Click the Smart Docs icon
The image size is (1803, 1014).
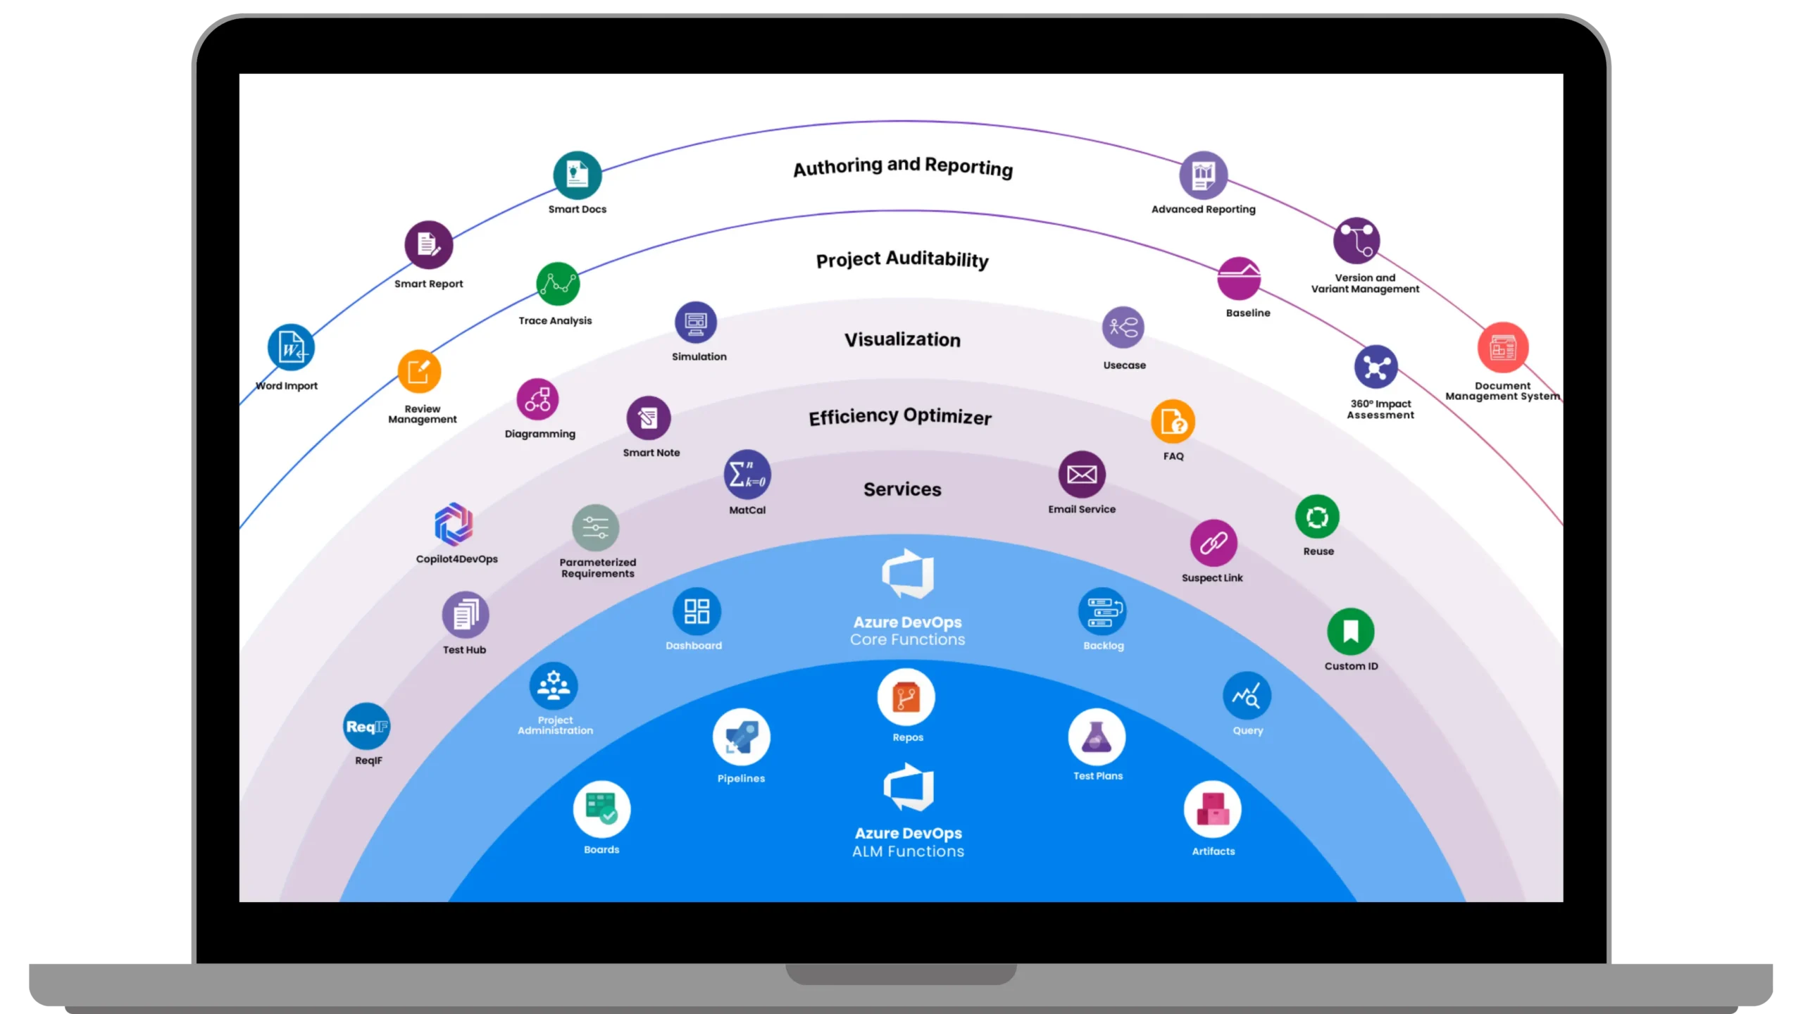tap(577, 175)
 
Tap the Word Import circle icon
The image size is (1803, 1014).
tap(291, 347)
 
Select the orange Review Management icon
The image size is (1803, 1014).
tap(419, 371)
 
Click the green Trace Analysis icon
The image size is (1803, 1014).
tap(558, 284)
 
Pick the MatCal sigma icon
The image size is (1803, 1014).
tap(747, 474)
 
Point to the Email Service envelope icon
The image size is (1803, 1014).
tap(1082, 474)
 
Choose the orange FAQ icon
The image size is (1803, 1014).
tap(1173, 422)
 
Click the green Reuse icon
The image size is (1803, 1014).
tap(1317, 517)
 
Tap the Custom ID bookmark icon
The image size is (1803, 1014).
tap(1350, 631)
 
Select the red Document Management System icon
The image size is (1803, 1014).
tap(1502, 348)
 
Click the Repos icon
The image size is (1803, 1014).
tap(906, 697)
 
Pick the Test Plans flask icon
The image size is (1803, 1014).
tap(1097, 737)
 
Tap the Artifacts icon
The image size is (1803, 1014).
tap(1212, 810)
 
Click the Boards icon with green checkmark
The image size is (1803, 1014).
tap(601, 809)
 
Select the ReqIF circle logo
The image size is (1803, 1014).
tap(367, 726)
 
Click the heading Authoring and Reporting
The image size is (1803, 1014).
tap(903, 167)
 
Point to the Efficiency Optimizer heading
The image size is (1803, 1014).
tap(900, 417)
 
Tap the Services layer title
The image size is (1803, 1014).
tap(902, 489)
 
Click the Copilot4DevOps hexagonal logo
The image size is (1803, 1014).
tap(454, 525)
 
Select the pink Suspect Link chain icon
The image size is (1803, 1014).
tap(1214, 543)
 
